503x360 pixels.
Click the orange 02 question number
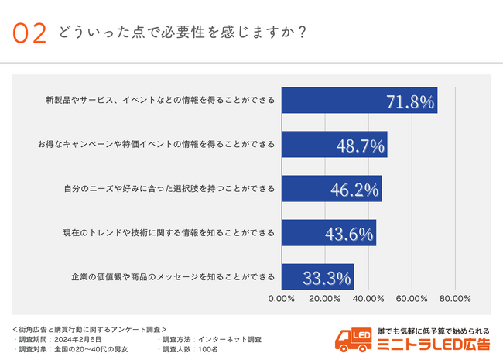(30, 33)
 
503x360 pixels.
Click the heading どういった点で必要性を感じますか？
(180, 33)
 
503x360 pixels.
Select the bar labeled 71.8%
(359, 101)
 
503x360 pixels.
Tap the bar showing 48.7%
(334, 145)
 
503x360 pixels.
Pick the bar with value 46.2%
(331, 189)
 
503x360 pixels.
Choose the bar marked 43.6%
(328, 233)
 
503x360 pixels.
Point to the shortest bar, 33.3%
(317, 277)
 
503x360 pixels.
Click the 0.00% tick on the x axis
(281, 298)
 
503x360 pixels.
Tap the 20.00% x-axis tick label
(325, 298)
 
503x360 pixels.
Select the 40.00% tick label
(368, 298)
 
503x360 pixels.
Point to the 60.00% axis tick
(412, 298)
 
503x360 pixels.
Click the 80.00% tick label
(455, 298)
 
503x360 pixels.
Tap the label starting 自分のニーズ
(169, 189)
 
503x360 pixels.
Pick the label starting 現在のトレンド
(169, 233)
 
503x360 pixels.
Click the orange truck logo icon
(353, 339)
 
